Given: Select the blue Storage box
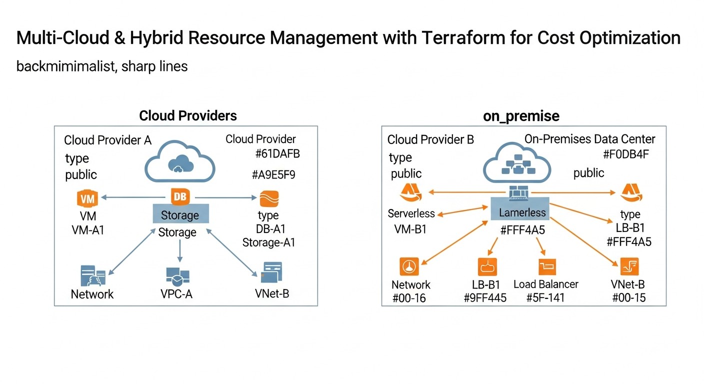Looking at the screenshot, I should [x=180, y=215].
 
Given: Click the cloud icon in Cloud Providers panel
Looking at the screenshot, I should [x=179, y=159].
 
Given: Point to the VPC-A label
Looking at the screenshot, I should [x=176, y=294].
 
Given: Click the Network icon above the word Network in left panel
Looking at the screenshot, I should [x=92, y=275].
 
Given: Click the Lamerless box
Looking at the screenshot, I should [x=522, y=212].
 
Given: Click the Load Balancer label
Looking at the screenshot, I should [x=546, y=284].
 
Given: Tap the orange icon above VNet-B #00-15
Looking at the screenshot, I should [x=629, y=266].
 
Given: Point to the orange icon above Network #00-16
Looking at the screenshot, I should [x=409, y=266].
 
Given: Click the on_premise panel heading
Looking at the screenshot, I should [x=521, y=116].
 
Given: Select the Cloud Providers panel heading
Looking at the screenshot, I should [x=187, y=116].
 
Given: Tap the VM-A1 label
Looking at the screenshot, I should [x=88, y=230].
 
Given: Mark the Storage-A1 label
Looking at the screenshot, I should [x=268, y=242].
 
